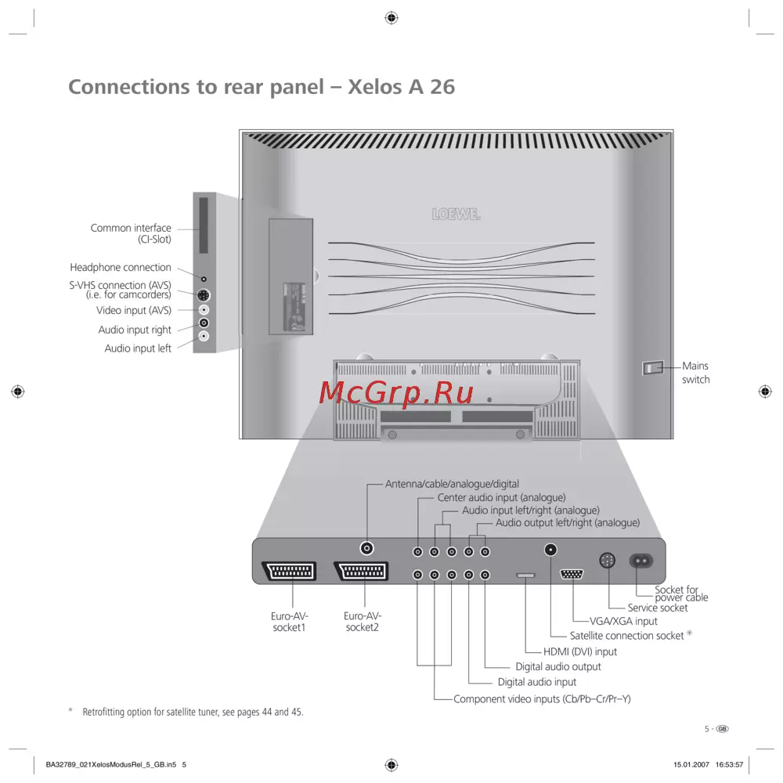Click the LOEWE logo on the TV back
[456, 214]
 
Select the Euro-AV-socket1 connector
[288, 571]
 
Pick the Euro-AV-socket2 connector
[361, 571]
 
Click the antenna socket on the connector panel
[366, 550]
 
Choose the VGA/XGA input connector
[572, 574]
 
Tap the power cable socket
[644, 561]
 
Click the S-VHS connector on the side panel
[204, 295]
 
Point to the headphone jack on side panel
[204, 278]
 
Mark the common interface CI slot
[204, 225]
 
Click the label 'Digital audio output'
[557, 667]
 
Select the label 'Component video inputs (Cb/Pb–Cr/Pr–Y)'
[542, 698]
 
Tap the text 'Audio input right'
[135, 330]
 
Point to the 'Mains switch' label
[695, 373]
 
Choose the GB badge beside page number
[723, 728]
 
